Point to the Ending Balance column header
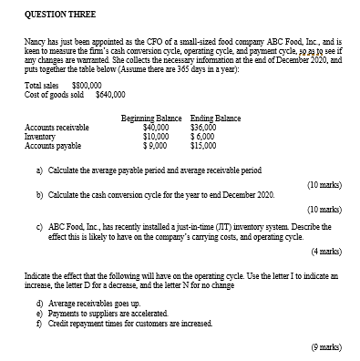tap(215, 119)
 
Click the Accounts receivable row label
tap(57, 128)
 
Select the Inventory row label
tap(43, 136)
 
